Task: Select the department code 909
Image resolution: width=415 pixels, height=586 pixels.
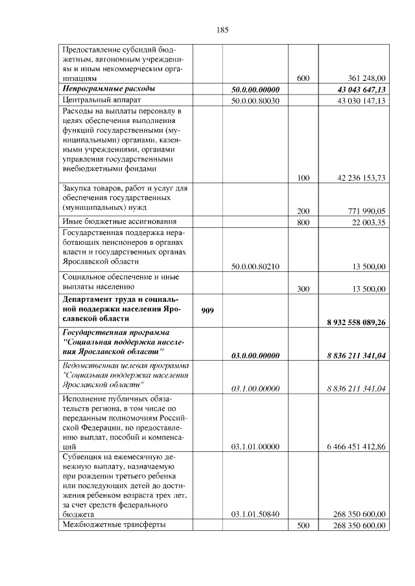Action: pos(207,310)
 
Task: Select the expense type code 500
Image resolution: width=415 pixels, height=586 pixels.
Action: pos(303,525)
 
